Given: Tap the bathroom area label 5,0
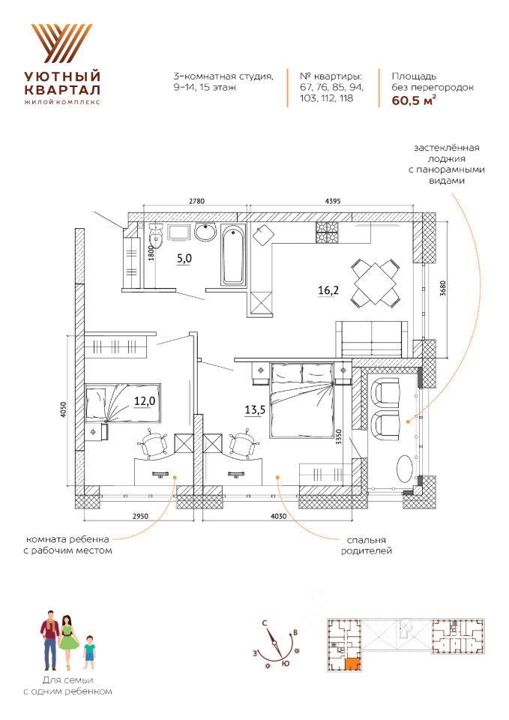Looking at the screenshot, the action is pos(184,259).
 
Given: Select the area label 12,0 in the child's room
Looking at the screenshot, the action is pos(145,400).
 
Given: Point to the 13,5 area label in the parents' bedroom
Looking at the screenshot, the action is pos(255,409).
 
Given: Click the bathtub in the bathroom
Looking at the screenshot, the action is pos(234,255).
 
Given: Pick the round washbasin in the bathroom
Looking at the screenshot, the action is pos(205,232).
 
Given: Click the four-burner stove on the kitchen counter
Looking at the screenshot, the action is pos(327,232).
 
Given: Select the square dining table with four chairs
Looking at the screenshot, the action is pos(375,283).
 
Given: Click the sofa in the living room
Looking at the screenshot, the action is pos(373,339).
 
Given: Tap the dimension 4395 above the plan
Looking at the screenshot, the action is pos(332,201).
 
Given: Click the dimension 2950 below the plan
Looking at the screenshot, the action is pos(140,516).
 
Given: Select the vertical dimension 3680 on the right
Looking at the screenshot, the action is pos(442,288).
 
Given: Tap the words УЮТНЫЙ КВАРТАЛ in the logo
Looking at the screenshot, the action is pos(62,82).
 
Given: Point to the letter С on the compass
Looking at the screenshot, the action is pos(265,623).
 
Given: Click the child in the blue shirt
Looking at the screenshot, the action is pos(89,652).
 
